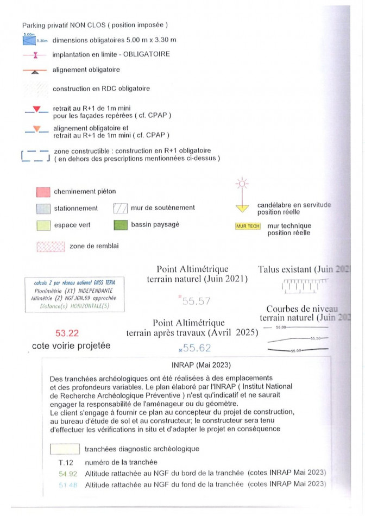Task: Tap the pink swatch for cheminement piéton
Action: (x=43, y=192)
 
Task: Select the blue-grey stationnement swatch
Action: (x=43, y=209)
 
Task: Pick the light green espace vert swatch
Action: (x=43, y=225)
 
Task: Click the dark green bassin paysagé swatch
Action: (x=121, y=224)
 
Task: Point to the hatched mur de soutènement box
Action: (x=120, y=208)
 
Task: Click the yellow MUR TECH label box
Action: (x=248, y=226)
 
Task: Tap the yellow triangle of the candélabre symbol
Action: (x=242, y=207)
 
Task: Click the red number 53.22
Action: (x=67, y=333)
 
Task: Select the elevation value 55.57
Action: (x=197, y=300)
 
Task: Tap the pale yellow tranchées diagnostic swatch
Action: (x=65, y=449)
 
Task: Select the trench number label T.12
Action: (x=65, y=463)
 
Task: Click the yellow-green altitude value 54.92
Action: (x=66, y=473)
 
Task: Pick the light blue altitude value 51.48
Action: (x=66, y=484)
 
